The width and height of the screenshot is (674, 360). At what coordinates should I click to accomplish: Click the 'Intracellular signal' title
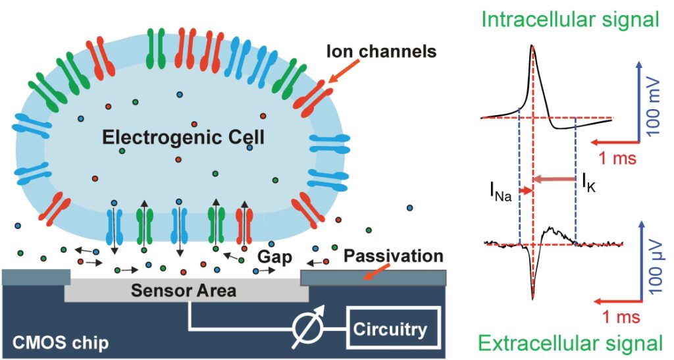570,18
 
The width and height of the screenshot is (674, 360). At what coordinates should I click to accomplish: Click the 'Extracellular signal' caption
570,343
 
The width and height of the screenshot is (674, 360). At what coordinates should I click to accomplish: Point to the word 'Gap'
271,255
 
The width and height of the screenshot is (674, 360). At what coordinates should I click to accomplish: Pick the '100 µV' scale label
655,270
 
